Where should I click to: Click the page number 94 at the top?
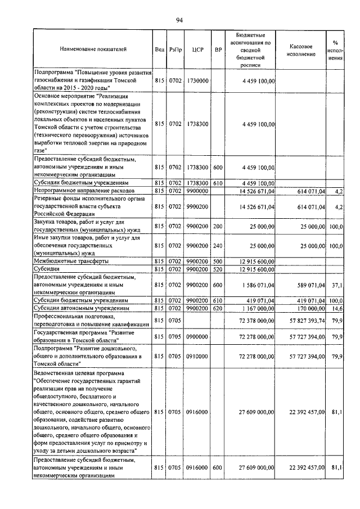coord(179,20)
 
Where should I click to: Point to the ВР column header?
coord(218,49)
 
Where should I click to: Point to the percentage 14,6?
coord(337,309)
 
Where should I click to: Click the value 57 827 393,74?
coord(305,321)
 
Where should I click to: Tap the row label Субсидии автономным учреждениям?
coord(82,309)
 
